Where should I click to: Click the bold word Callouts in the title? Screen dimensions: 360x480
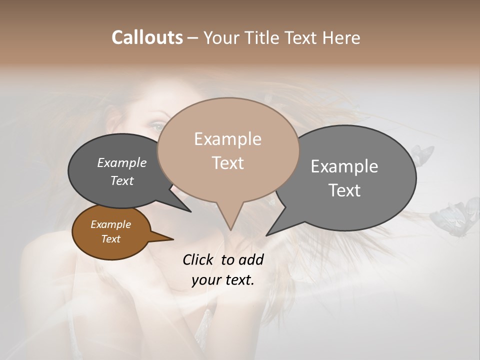(147, 37)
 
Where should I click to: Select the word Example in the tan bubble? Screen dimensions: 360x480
(227, 139)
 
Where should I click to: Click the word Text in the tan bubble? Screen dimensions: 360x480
(227, 162)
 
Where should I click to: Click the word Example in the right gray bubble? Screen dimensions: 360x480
(344, 166)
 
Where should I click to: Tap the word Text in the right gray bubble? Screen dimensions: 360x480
(344, 190)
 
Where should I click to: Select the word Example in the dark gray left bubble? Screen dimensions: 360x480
(121, 162)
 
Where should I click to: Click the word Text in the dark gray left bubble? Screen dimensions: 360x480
(121, 180)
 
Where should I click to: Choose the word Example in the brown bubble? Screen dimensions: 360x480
(110, 224)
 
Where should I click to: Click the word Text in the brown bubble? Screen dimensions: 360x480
(110, 239)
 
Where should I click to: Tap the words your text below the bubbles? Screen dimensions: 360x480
(222, 280)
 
